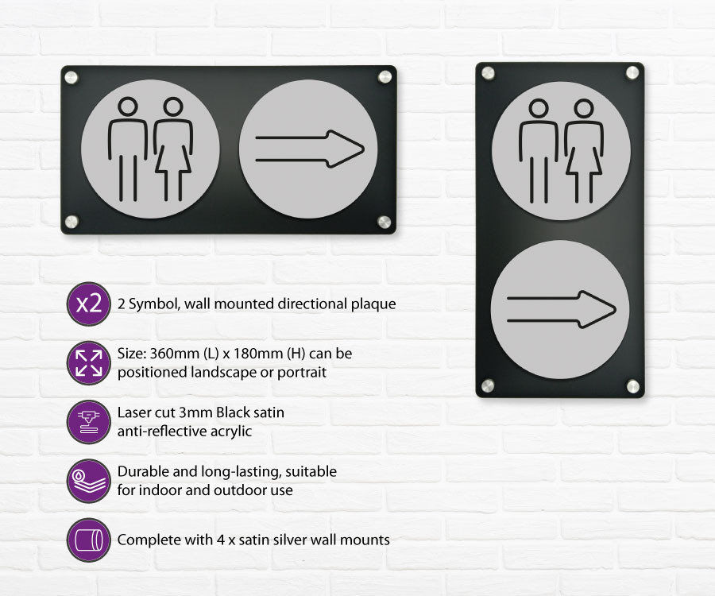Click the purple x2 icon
[89, 304]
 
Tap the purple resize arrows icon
[89, 363]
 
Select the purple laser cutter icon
[89, 422]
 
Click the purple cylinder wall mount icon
[89, 540]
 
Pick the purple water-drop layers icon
[89, 481]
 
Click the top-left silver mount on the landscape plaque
[71, 77]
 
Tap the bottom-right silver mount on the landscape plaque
[385, 222]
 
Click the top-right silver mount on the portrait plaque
[632, 72]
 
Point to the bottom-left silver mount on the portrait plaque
[488, 385]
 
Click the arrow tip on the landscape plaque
[365, 149]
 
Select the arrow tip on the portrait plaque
[616, 310]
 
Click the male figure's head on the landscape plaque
[128, 106]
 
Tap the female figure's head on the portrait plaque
[584, 109]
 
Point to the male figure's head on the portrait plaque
[539, 109]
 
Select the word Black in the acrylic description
[232, 412]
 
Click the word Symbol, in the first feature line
[154, 304]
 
